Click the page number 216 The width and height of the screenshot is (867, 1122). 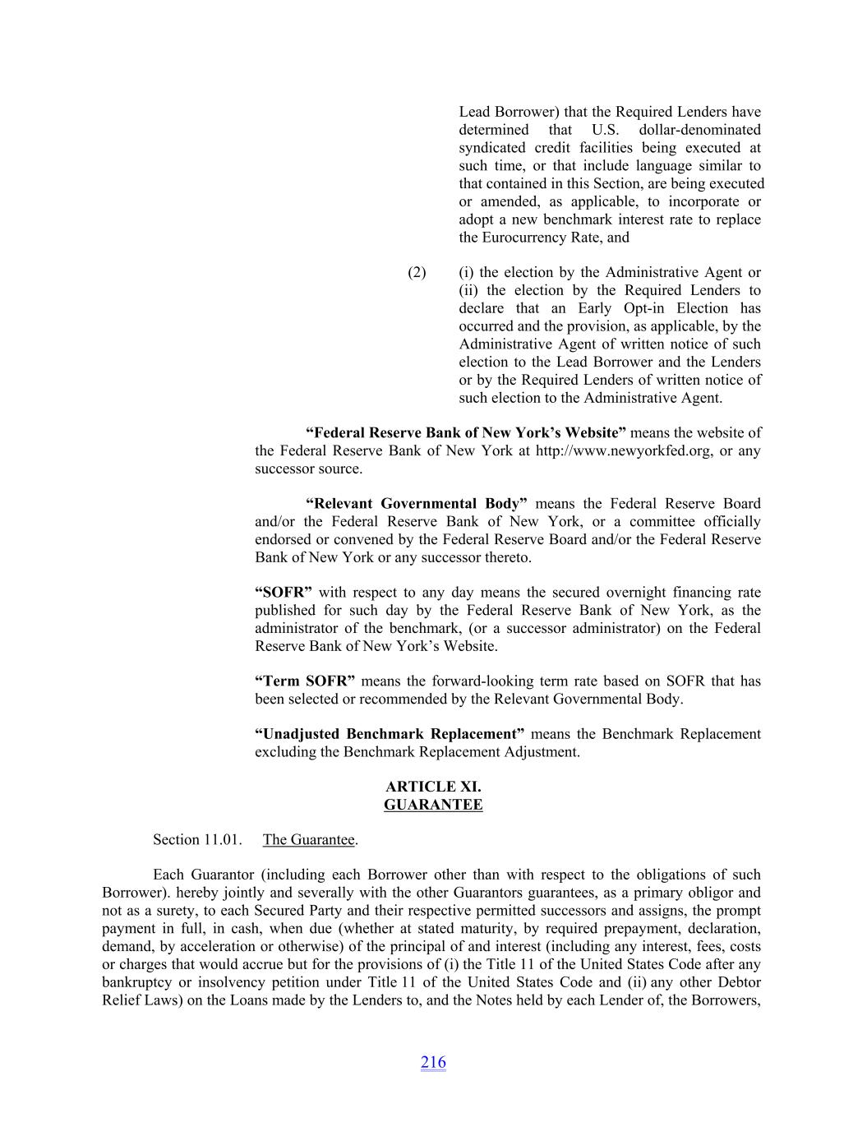(433, 1062)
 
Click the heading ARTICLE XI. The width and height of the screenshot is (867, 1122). (433, 787)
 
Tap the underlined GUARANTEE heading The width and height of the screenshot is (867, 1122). (433, 805)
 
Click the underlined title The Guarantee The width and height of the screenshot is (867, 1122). (309, 839)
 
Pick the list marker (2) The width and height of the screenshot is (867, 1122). (417, 272)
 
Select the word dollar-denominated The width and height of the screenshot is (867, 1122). (699, 130)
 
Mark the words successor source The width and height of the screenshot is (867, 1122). (308, 469)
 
